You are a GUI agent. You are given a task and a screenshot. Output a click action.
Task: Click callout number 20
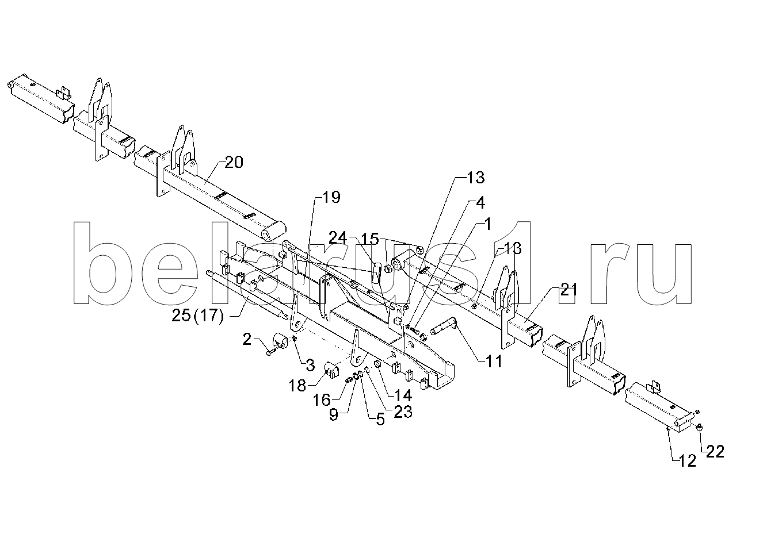pyautogui.click(x=234, y=163)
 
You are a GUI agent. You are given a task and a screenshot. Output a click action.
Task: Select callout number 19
pyautogui.click(x=331, y=197)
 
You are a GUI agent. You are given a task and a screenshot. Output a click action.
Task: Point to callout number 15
pyautogui.click(x=371, y=239)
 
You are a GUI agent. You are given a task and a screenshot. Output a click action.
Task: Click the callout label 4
pyautogui.click(x=480, y=203)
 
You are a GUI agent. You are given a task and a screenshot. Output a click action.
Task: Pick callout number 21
pyautogui.click(x=568, y=290)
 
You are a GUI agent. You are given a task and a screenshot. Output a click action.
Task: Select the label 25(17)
pyautogui.click(x=197, y=316)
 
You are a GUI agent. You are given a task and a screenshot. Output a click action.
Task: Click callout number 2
pyautogui.click(x=247, y=340)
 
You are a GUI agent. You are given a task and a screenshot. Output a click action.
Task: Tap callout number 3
pyautogui.click(x=310, y=366)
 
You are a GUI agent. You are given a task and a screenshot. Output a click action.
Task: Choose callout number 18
pyautogui.click(x=297, y=386)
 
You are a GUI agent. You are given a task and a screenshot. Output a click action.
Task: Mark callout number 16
pyautogui.click(x=322, y=401)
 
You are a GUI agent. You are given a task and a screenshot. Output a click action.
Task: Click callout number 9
pyautogui.click(x=333, y=415)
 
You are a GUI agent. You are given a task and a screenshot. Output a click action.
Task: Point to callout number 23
pyautogui.click(x=403, y=412)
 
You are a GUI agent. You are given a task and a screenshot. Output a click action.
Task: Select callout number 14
pyautogui.click(x=403, y=395)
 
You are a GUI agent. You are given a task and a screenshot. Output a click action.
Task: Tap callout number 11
pyautogui.click(x=494, y=361)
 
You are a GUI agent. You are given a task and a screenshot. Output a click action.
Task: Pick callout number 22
pyautogui.click(x=715, y=452)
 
